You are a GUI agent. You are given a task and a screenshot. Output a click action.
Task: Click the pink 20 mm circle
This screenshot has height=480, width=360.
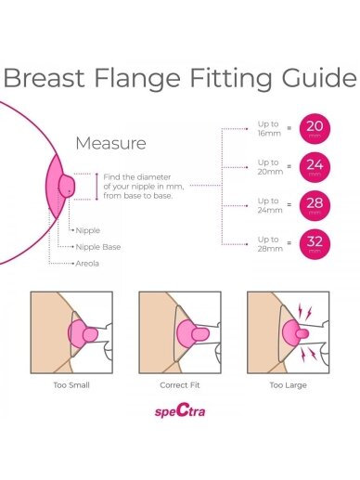pyautogui.click(x=315, y=129)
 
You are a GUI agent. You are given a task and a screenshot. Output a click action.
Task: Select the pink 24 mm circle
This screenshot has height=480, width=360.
pyautogui.click(x=315, y=167)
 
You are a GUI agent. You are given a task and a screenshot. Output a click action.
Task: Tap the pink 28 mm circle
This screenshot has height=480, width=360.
pyautogui.click(x=315, y=205)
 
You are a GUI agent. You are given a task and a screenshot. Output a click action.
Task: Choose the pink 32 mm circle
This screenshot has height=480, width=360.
pyautogui.click(x=315, y=244)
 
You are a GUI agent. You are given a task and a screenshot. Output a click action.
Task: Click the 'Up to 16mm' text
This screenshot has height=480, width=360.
pyautogui.click(x=269, y=129)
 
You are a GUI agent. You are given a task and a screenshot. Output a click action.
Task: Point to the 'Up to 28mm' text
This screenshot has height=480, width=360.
pyautogui.click(x=270, y=244)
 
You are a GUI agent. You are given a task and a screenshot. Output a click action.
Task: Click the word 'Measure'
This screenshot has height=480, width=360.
pyautogui.click(x=110, y=143)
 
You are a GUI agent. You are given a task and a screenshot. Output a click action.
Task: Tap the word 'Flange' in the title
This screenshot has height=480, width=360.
pyautogui.click(x=137, y=77)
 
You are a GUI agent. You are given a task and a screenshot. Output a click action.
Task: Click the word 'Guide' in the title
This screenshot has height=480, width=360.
pyautogui.click(x=319, y=77)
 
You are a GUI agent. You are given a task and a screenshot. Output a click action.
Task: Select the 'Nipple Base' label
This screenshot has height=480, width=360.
pyautogui.click(x=98, y=247)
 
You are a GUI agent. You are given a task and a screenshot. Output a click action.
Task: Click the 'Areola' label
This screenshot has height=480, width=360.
pyautogui.click(x=87, y=264)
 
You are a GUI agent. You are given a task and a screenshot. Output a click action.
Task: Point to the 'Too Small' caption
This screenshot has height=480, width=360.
pyautogui.click(x=71, y=385)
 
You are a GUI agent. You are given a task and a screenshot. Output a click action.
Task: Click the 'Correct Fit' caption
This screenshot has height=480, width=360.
pyautogui.click(x=180, y=385)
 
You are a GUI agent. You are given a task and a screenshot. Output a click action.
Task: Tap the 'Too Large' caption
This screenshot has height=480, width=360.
pyautogui.click(x=288, y=385)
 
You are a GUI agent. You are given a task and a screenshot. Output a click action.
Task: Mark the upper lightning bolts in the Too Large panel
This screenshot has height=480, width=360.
pyautogui.click(x=304, y=312)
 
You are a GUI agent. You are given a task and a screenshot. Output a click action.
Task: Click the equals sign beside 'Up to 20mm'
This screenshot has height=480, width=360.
pyautogui.click(x=289, y=166)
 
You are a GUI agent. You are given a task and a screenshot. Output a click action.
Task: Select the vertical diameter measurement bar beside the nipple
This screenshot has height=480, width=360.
pyautogui.click(x=96, y=187)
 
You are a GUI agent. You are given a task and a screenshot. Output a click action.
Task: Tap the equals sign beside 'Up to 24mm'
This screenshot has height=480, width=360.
pyautogui.click(x=289, y=204)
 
